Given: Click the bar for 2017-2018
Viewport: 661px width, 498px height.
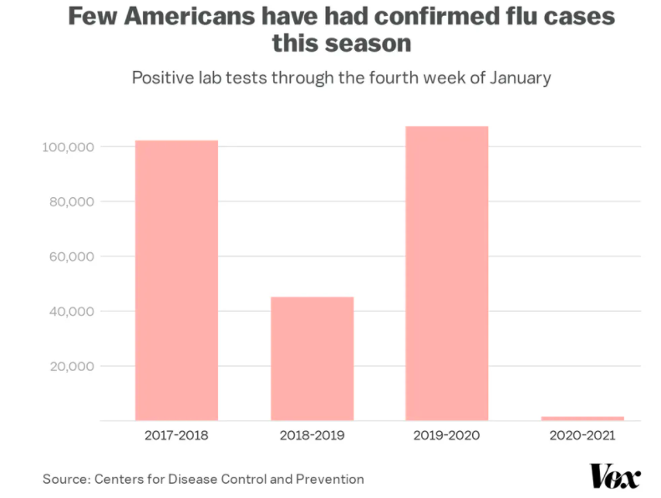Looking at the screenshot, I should tap(176, 280).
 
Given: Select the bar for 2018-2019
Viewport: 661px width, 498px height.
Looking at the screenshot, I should tap(312, 358).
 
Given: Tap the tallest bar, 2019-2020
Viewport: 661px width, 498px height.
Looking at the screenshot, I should tap(447, 273).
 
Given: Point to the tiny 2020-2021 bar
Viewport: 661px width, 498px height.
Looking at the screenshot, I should tap(582, 418).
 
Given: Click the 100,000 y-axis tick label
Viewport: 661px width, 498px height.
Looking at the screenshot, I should tap(68, 147).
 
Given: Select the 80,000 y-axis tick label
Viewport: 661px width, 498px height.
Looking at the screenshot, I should tap(70, 202).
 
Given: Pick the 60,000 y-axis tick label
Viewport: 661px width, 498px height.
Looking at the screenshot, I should tap(70, 257).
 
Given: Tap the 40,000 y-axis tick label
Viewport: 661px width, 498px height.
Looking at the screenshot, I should tap(70, 312).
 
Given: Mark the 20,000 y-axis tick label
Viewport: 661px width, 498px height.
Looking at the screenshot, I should tap(70, 366).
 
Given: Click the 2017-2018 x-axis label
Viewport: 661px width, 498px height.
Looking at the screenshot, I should tap(176, 435).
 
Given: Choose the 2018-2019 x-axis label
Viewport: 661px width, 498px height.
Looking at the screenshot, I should tap(312, 435).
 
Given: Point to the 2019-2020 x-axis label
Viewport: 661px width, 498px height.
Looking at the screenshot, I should tap(447, 435).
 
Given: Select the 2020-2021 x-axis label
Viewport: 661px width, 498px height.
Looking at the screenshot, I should tap(582, 435).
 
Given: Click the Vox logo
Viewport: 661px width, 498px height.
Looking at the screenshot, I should tap(615, 476).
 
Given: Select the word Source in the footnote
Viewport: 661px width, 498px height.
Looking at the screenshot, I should tap(66, 479).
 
